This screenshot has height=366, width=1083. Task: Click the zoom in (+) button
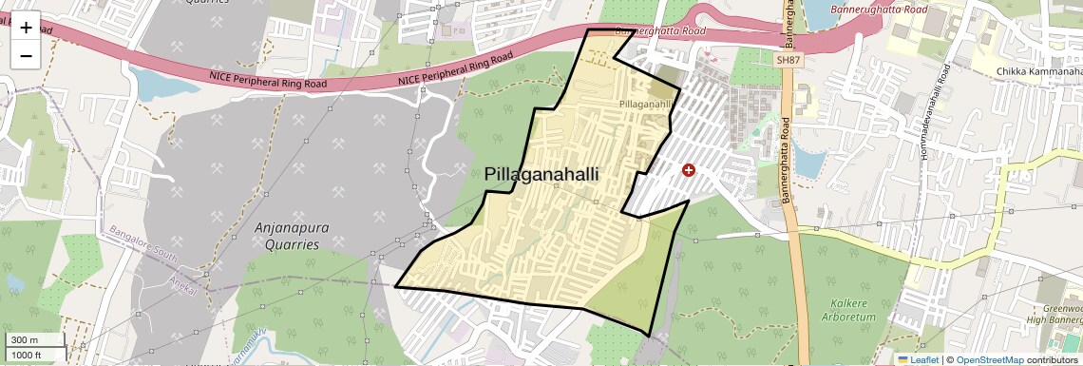coord(26,28)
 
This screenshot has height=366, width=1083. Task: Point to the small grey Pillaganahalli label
coord(646,103)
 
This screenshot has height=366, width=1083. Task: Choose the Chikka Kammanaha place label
coord(1039,71)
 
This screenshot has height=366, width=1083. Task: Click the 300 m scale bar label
coord(26,339)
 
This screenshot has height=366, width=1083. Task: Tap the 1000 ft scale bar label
coord(28,355)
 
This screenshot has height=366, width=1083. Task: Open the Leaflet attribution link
coord(918,359)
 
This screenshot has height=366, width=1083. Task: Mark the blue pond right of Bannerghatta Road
coord(807,163)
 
